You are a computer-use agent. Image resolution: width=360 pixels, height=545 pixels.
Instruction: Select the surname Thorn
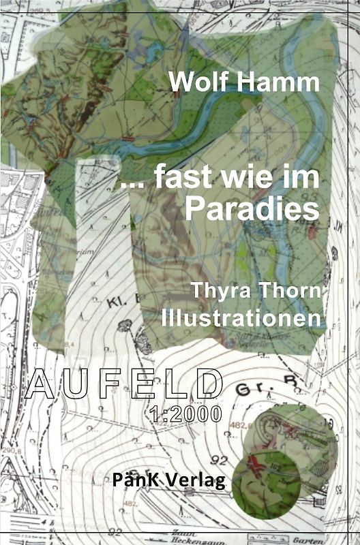click(x=288, y=291)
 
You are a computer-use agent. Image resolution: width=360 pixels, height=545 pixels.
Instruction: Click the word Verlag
click(x=199, y=480)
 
